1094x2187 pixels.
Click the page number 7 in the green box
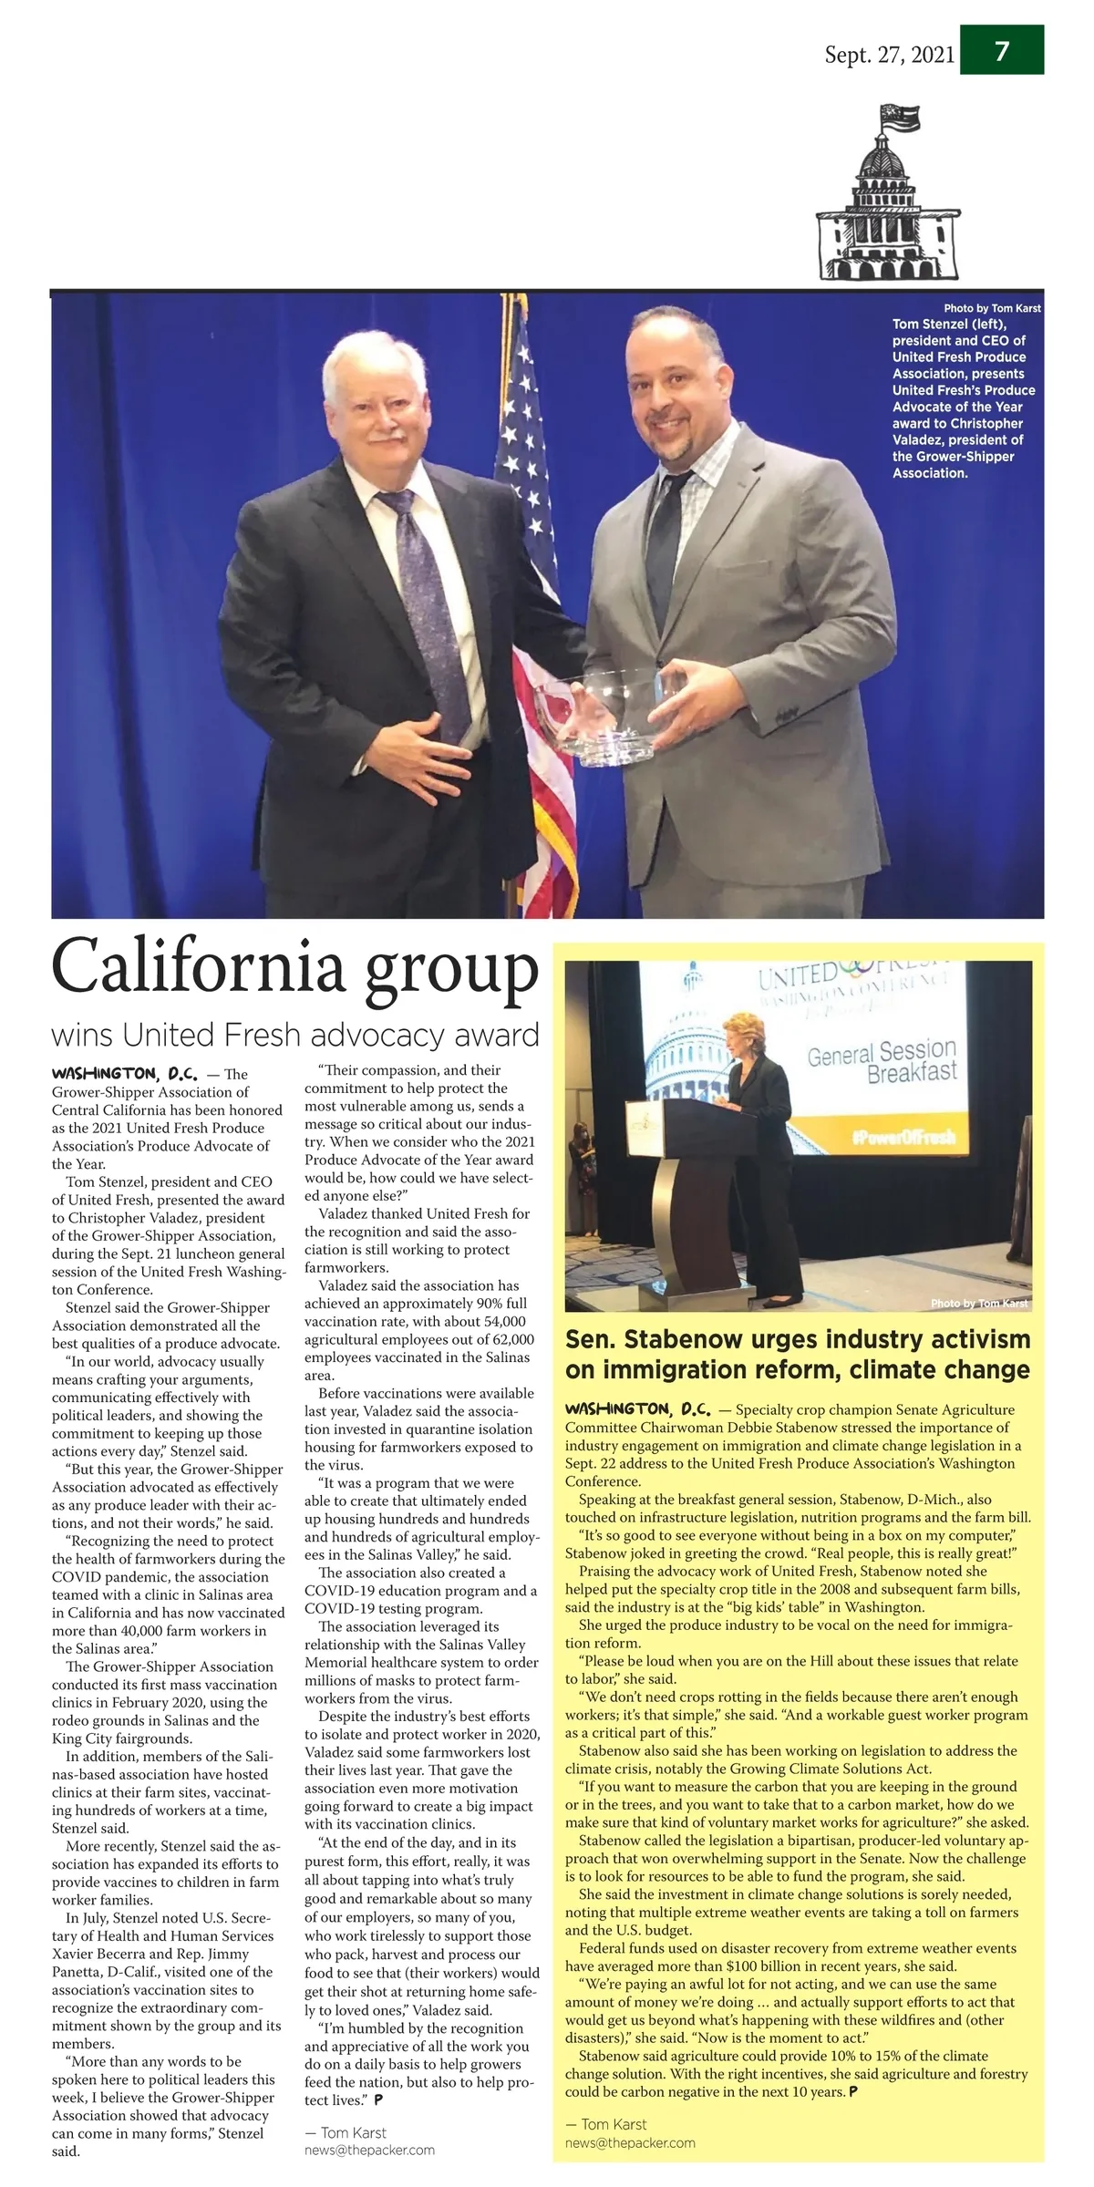(1001, 51)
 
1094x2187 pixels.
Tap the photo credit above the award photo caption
(992, 308)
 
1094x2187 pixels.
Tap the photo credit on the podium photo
(978, 1304)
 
